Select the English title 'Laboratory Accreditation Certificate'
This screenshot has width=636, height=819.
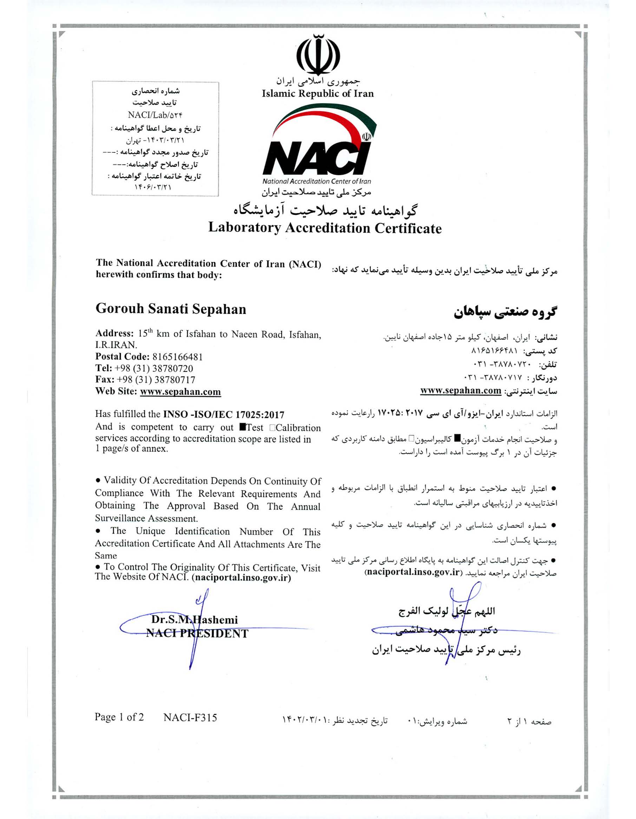click(325, 228)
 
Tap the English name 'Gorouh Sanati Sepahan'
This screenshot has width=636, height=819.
click(171, 309)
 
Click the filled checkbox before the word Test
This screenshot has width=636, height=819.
click(242, 427)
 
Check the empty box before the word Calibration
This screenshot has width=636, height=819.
click(272, 427)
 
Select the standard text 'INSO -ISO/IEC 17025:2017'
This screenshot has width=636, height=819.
click(223, 414)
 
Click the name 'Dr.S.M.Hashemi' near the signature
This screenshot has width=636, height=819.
click(194, 620)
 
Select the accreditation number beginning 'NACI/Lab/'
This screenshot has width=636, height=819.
click(155, 115)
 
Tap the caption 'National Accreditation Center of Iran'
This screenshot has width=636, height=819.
click(316, 182)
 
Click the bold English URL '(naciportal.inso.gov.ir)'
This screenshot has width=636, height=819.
click(241, 578)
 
